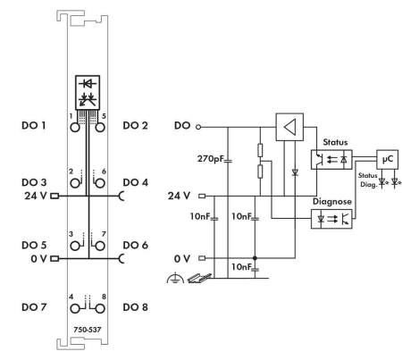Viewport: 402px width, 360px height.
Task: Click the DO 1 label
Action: pos(34,125)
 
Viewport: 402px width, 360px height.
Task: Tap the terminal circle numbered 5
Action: pos(100,128)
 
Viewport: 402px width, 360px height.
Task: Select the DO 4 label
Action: pos(135,182)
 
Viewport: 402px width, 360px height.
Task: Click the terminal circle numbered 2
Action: pos(75,183)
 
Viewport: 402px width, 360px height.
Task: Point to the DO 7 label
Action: pos(34,307)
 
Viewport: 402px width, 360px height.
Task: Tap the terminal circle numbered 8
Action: pos(100,309)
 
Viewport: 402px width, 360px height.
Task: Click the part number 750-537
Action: pos(88,330)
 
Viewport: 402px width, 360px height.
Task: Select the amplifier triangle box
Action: pos(289,127)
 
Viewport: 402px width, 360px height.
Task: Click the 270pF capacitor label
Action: pos(210,158)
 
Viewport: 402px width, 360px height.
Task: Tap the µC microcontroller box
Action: pos(387,160)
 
